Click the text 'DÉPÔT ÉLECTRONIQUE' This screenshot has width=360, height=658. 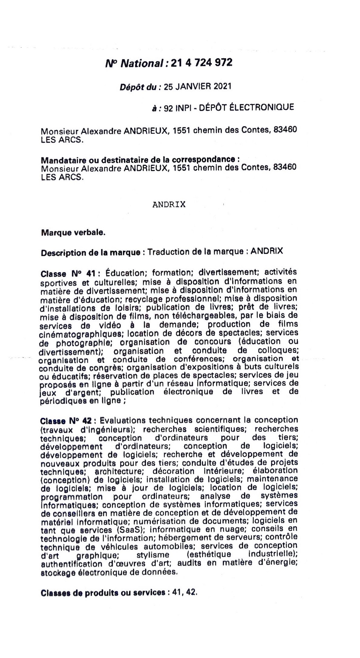pos(246,107)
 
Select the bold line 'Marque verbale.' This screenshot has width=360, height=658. pos(73,233)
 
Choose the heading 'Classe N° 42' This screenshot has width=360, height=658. pos(65,420)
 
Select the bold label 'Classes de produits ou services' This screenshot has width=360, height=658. pos(103,593)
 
